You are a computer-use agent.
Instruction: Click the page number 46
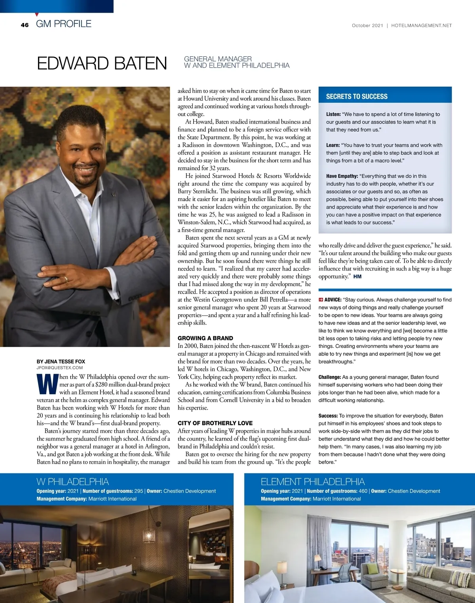click(x=25, y=25)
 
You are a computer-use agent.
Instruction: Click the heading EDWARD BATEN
click(x=102, y=63)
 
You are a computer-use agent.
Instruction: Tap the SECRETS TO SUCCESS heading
click(x=357, y=96)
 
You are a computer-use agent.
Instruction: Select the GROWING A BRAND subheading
click(x=205, y=338)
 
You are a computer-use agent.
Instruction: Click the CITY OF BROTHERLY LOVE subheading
click(x=215, y=423)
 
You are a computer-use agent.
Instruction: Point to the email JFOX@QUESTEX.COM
click(x=59, y=368)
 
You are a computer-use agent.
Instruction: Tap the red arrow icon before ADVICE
click(x=321, y=300)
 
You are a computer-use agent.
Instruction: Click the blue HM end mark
click(x=357, y=277)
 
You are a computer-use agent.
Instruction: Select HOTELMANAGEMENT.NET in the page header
click(x=421, y=25)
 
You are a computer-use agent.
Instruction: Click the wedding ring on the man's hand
click(x=66, y=279)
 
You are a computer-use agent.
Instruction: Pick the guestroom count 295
click(x=139, y=491)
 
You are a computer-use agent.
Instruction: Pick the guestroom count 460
click(x=363, y=491)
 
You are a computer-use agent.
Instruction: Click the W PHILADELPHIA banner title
click(x=72, y=482)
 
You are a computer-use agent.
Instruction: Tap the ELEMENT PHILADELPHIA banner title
click(x=312, y=482)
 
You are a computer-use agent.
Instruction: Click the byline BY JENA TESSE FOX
click(x=61, y=361)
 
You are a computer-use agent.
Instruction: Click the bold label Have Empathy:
click(x=342, y=176)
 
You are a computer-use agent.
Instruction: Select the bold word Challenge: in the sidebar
click(x=330, y=377)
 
